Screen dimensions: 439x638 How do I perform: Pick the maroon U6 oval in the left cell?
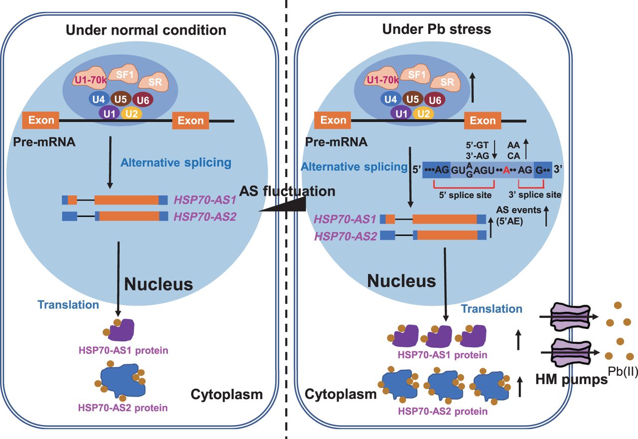point(143,100)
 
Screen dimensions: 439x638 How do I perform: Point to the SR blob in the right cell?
point(448,82)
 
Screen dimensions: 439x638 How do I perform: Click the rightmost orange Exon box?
point(483,121)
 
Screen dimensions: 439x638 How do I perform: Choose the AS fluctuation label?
point(287,191)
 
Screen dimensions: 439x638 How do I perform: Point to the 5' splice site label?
point(465,194)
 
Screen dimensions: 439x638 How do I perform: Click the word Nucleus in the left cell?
point(158,284)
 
